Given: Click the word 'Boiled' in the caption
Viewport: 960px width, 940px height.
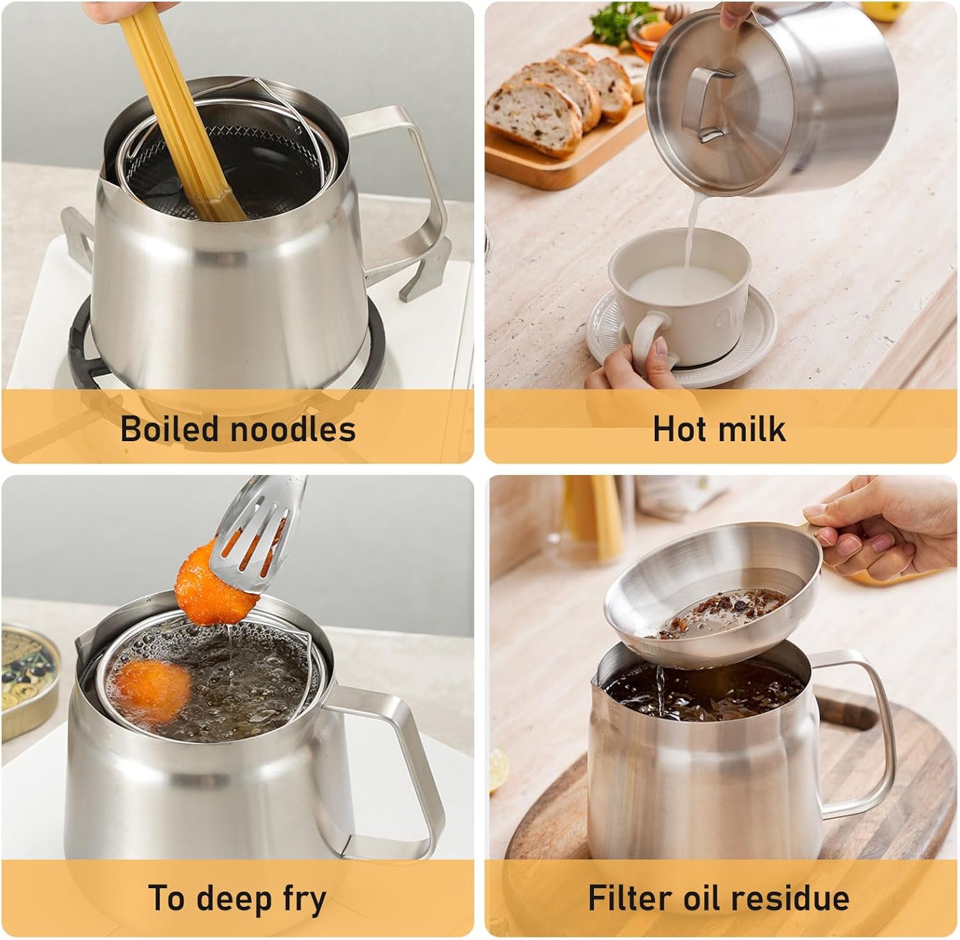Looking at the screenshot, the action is point(168,428).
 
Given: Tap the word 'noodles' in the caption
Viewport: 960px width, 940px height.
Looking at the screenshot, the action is point(290,428).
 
